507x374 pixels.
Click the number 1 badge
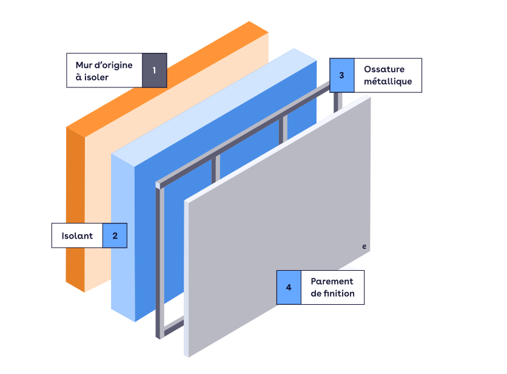tap(154, 70)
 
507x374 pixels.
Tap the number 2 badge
tap(115, 236)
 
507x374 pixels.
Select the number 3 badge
tap(341, 75)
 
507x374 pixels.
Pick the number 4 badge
tap(289, 287)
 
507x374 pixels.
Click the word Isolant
tap(77, 236)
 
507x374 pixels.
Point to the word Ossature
tap(384, 69)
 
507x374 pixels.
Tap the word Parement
tap(332, 281)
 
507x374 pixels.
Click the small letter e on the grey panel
tap(364, 246)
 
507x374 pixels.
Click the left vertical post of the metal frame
tap(160, 261)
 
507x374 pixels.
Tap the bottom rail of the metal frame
tap(173, 328)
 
